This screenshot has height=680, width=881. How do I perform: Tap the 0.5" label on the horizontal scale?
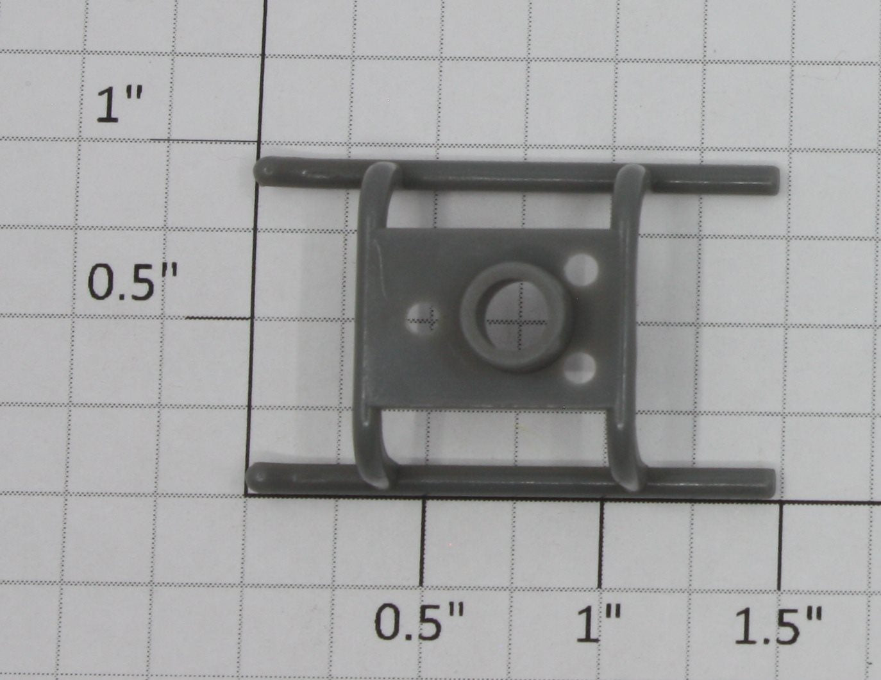419,621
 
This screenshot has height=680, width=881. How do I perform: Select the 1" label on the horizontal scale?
598,622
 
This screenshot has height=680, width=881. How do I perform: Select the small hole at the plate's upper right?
581,270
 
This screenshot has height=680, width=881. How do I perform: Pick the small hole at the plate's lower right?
580,368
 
